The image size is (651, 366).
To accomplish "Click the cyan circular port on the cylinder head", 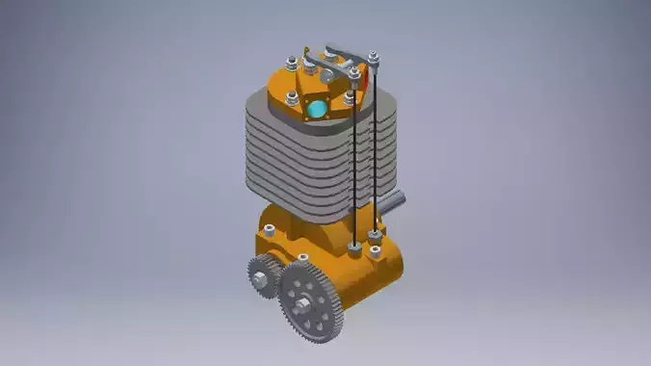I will point(316,110).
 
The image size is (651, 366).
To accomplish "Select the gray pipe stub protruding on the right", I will point(395,203).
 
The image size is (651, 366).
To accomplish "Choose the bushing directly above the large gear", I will point(303,258).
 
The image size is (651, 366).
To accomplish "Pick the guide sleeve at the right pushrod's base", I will point(375,234).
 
